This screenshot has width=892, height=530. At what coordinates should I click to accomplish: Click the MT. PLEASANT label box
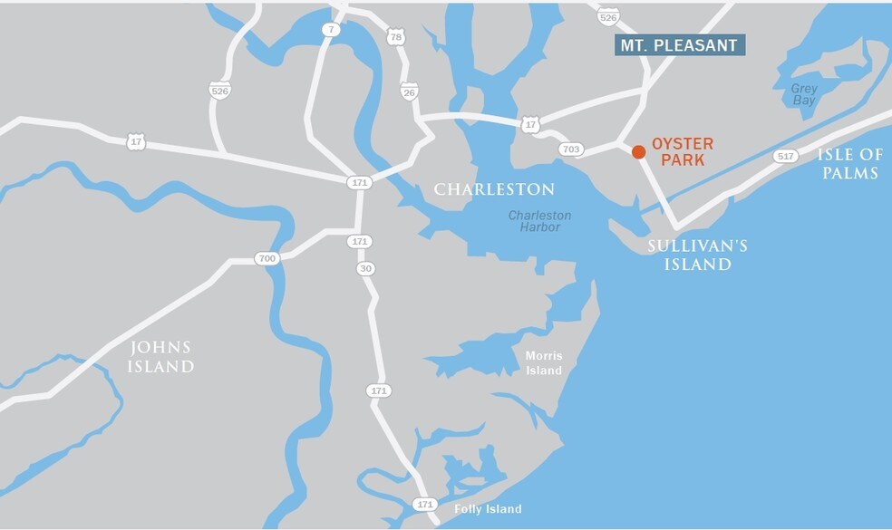(680, 45)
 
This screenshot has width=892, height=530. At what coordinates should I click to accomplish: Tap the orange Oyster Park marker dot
(638, 151)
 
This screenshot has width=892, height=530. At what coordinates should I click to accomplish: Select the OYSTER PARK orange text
(683, 153)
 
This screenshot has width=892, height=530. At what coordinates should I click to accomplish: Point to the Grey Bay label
(803, 95)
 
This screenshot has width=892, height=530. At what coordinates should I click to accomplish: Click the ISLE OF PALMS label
(849, 163)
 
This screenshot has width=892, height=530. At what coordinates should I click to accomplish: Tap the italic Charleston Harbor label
(539, 221)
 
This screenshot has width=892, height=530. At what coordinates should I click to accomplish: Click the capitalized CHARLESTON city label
(494, 189)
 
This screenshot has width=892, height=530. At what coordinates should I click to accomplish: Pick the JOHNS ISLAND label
(162, 357)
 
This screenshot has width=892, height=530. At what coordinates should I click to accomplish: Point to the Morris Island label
(544, 363)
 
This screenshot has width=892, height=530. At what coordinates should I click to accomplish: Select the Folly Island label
(488, 509)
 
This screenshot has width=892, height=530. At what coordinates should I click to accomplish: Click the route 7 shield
(331, 30)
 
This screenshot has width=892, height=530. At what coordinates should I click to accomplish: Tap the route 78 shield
(394, 37)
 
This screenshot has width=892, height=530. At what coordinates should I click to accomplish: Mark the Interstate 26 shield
(409, 92)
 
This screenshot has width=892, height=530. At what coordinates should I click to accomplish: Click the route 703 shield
(570, 149)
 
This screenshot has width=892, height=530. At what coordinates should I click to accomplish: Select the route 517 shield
(785, 157)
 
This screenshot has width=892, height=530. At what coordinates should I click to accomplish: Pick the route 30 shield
(365, 268)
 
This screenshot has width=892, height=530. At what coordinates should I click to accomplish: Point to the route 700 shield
(267, 258)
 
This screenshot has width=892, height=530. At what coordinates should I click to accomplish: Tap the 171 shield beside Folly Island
(424, 504)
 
